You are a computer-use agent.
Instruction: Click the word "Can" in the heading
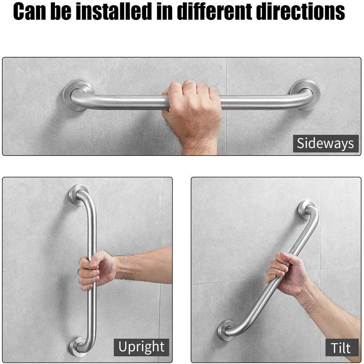tap(31, 12)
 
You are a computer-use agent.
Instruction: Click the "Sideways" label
tap(325, 143)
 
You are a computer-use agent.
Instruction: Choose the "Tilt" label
tap(341, 347)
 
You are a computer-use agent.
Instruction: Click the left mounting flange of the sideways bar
tap(76, 95)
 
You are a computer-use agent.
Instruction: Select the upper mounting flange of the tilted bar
tap(306, 209)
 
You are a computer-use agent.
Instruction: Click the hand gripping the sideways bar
tap(191, 106)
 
